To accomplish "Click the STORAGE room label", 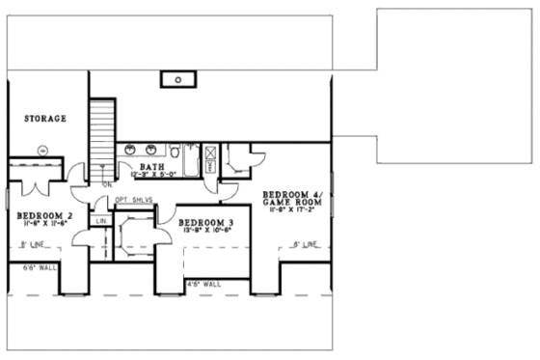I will (45, 119).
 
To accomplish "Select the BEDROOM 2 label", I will (45, 213).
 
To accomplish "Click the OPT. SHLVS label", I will (134, 200).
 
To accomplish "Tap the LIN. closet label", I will (101, 221).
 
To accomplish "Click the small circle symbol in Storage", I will (42, 150).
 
